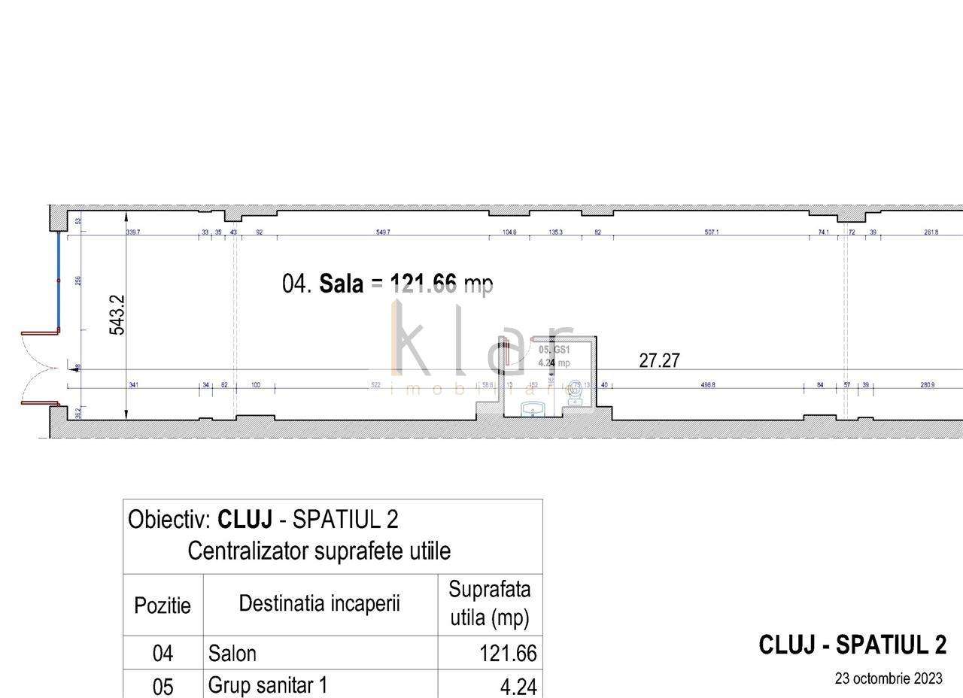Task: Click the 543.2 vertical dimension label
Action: point(117,314)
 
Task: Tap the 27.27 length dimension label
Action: point(659,360)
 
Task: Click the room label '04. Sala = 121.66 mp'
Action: point(387,284)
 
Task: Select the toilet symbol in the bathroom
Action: point(576,391)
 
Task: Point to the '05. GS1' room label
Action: point(554,351)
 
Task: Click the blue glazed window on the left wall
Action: point(59,281)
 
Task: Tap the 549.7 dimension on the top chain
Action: point(383,232)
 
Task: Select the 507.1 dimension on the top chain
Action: point(711,232)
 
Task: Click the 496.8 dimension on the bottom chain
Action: point(708,385)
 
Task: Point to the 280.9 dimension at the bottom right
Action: point(928,385)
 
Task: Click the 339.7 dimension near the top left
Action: point(133,232)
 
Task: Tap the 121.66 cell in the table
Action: point(508,654)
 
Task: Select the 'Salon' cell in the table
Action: point(232,654)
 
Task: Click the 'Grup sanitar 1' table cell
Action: point(268,685)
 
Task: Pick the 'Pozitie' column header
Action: point(163,605)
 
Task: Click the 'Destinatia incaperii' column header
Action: point(320,603)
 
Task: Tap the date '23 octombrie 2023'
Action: point(888,678)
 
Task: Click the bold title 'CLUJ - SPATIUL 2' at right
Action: point(852,645)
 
